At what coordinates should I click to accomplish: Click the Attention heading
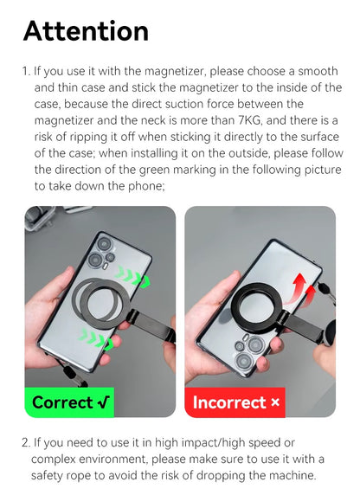click(x=86, y=31)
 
